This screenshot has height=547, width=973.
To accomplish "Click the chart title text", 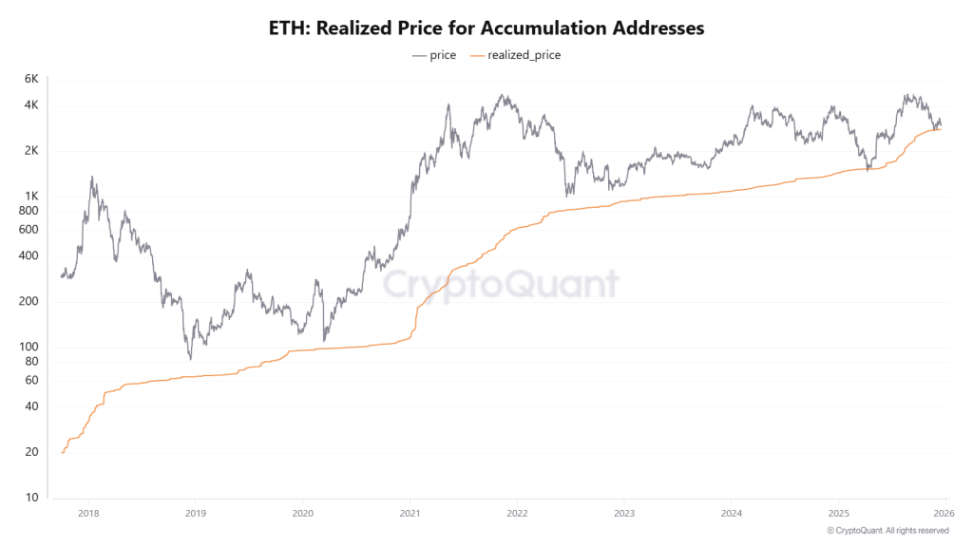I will [x=486, y=28].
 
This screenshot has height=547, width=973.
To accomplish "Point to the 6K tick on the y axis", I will [x=30, y=78].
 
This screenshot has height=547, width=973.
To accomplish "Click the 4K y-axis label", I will [x=30, y=105].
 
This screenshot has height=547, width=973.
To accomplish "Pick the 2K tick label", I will [x=30, y=151].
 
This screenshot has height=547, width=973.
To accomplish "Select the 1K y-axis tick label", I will [x=30, y=197].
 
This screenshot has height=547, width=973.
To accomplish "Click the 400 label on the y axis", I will [x=29, y=256].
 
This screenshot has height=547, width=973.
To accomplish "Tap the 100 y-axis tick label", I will [x=29, y=347].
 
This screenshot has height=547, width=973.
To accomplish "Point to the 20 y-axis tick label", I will [x=31, y=452].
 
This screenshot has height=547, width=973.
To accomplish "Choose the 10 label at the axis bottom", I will [x=31, y=497].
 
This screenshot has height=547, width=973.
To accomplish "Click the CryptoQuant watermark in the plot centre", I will [x=501, y=284].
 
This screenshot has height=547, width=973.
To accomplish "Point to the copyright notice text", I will [x=888, y=530].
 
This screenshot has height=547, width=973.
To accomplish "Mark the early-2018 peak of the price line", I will [x=92, y=177].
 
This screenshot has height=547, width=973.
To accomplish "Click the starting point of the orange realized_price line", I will [x=62, y=452].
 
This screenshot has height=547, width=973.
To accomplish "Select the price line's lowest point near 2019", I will [x=190, y=359].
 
